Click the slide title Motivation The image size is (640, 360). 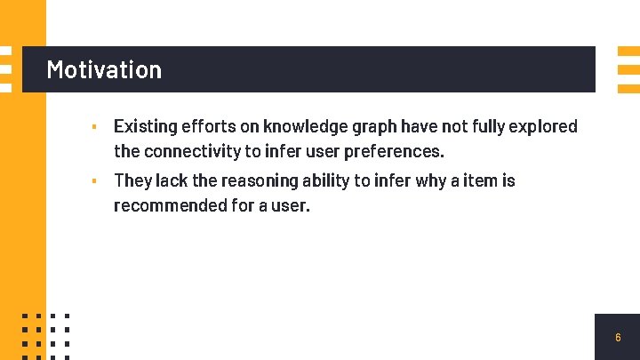click(104, 69)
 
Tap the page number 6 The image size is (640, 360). click(618, 338)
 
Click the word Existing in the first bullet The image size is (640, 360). click(144, 126)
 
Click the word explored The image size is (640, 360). click(543, 126)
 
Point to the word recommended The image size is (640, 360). click(167, 205)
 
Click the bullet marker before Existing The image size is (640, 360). click(94, 127)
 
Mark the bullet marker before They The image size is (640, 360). click(94, 181)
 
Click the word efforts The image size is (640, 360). click(207, 126)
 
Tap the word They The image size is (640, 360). click(133, 180)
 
